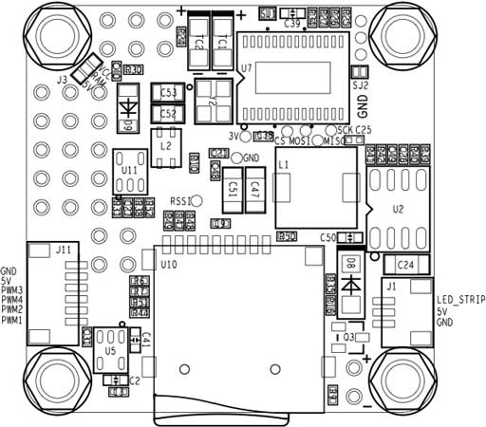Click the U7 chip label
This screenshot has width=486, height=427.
coord(247,68)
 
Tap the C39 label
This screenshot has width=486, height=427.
coord(292,22)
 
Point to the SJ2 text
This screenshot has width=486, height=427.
coord(360,84)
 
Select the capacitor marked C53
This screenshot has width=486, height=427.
coord(170,94)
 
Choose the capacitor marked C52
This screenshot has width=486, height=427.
coord(170,114)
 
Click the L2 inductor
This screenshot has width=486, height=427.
coord(167,147)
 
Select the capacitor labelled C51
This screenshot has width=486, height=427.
coord(232,190)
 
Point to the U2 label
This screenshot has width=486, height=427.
coord(397,208)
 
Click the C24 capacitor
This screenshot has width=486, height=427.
coord(404,264)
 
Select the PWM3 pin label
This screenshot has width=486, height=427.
coord(12,289)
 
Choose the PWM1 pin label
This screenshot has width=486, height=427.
coord(12,321)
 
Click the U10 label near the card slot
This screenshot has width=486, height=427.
coord(169,265)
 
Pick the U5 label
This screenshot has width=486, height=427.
coord(111,350)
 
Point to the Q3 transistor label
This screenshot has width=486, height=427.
coord(348,336)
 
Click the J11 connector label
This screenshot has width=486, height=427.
coord(63,249)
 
